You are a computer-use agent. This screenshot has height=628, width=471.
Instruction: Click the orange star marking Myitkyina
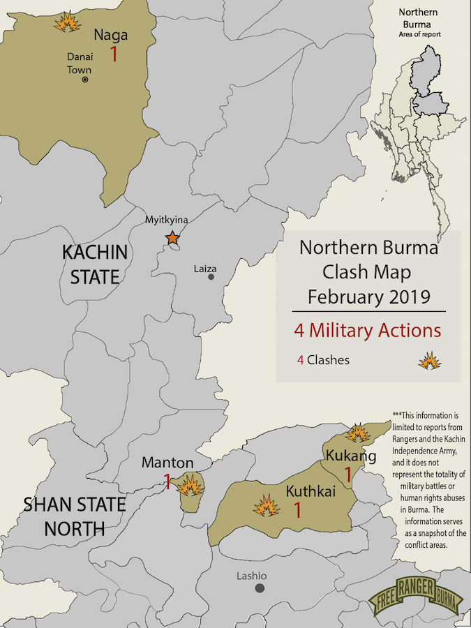[172, 238]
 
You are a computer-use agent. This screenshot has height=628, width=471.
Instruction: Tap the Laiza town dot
[211, 276]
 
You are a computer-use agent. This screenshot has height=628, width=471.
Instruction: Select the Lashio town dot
[260, 588]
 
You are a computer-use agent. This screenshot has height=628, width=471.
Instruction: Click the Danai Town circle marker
[85, 80]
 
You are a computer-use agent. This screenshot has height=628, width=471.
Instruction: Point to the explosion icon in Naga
[66, 22]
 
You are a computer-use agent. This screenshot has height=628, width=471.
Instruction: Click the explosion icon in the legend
[428, 361]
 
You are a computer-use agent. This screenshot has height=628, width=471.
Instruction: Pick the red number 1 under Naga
[114, 54]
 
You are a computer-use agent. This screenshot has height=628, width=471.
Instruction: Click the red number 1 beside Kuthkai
[297, 510]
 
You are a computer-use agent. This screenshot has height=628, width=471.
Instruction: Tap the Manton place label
[167, 462]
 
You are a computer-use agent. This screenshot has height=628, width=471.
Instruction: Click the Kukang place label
[351, 456]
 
